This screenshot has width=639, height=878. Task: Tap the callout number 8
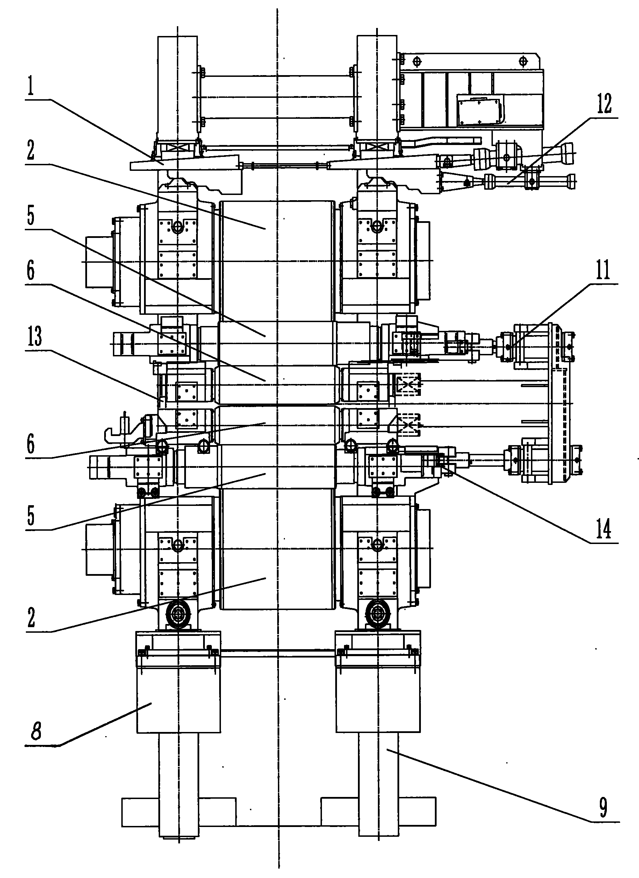pos(36,732)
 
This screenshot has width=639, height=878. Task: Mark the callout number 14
pos(603,529)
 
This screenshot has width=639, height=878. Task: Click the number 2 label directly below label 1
pos(31,151)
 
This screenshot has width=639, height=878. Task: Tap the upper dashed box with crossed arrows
pos(407,384)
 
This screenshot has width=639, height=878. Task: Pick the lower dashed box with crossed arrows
pos(407,425)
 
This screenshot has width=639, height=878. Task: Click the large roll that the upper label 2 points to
pos(277,259)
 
